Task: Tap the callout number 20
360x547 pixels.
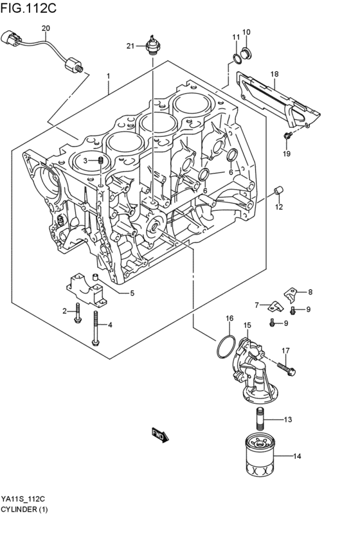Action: tap(45, 28)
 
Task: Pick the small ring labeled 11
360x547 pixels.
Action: tap(237, 60)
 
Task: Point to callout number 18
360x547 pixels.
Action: tap(274, 74)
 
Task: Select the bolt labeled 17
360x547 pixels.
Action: tap(287, 368)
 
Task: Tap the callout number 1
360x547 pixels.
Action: tap(109, 76)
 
